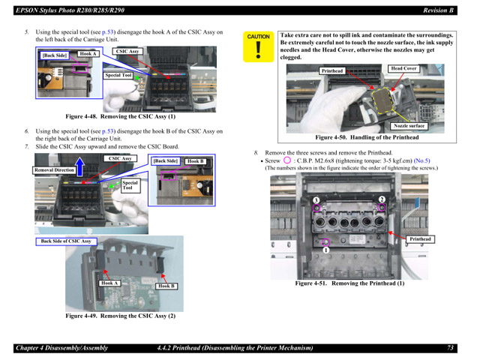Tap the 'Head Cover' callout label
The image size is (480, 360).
click(403, 68)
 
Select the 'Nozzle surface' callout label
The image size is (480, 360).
click(409, 125)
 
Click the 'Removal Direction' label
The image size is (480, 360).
click(55, 170)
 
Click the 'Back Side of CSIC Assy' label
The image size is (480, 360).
click(65, 241)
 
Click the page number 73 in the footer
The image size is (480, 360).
click(450, 348)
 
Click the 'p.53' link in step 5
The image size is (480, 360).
click(108, 32)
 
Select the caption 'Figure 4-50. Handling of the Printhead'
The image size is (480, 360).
click(367, 137)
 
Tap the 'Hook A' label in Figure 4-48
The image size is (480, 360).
click(88, 54)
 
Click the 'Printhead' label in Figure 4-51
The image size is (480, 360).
click(420, 238)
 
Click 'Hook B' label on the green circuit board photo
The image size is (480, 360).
click(166, 286)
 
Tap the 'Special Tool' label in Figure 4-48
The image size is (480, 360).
click(118, 75)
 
